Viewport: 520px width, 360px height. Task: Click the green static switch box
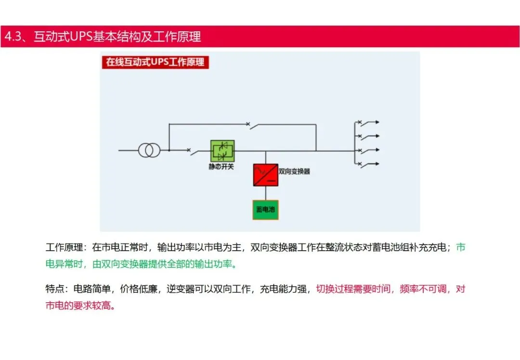222,151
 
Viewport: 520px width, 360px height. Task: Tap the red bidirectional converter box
265,175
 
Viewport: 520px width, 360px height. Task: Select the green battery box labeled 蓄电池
265,210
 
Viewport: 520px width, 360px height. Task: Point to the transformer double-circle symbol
149,150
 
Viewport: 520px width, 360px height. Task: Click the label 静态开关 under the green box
221,167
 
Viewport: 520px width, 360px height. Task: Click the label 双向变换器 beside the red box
294,171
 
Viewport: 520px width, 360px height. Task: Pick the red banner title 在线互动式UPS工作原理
155,62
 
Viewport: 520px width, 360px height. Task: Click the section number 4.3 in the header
12,37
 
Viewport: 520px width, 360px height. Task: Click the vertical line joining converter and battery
265,193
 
